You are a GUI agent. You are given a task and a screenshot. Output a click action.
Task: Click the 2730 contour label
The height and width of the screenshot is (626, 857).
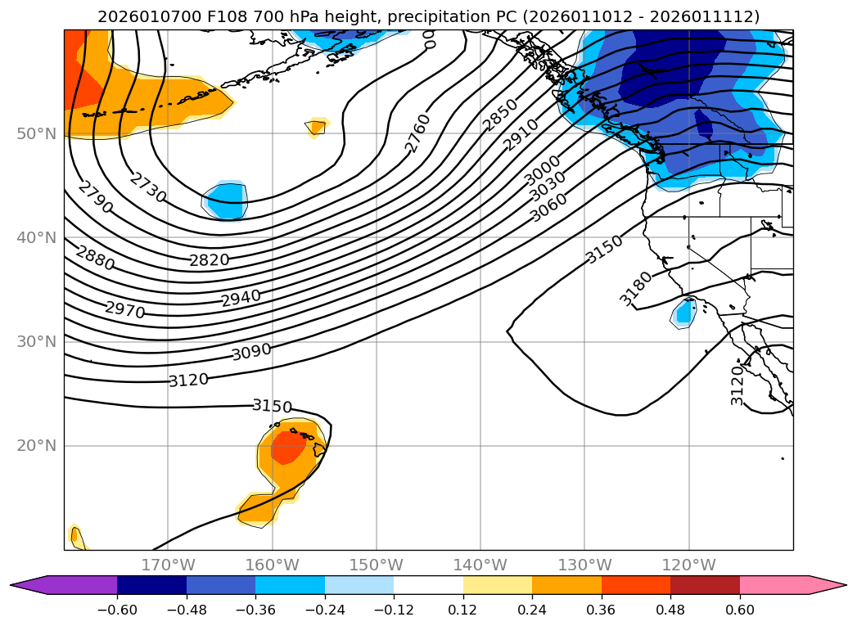(x=148, y=188)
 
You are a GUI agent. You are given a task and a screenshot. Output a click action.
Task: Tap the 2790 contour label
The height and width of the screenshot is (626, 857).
(x=96, y=198)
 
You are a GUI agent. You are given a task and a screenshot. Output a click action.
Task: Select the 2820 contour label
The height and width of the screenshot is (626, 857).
(x=210, y=260)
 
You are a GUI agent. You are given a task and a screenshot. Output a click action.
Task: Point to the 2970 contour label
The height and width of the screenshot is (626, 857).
(x=124, y=310)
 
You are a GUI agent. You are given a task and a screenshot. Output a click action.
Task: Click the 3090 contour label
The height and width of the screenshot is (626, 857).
(x=251, y=353)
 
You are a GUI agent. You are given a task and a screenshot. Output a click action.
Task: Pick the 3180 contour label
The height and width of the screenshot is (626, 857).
(x=636, y=288)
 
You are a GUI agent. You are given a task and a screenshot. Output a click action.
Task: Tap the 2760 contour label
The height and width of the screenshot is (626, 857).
(x=417, y=133)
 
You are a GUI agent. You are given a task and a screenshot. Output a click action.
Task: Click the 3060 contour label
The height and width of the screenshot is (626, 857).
(x=548, y=209)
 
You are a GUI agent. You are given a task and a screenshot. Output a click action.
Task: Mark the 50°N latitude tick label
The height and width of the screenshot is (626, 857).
(x=37, y=133)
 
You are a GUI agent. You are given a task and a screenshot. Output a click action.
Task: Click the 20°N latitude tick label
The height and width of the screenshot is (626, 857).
(x=37, y=446)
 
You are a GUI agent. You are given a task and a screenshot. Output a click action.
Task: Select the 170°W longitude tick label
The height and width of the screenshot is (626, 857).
(x=168, y=565)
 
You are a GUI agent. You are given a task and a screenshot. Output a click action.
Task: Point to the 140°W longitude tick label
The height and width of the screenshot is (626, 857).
(x=480, y=565)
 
